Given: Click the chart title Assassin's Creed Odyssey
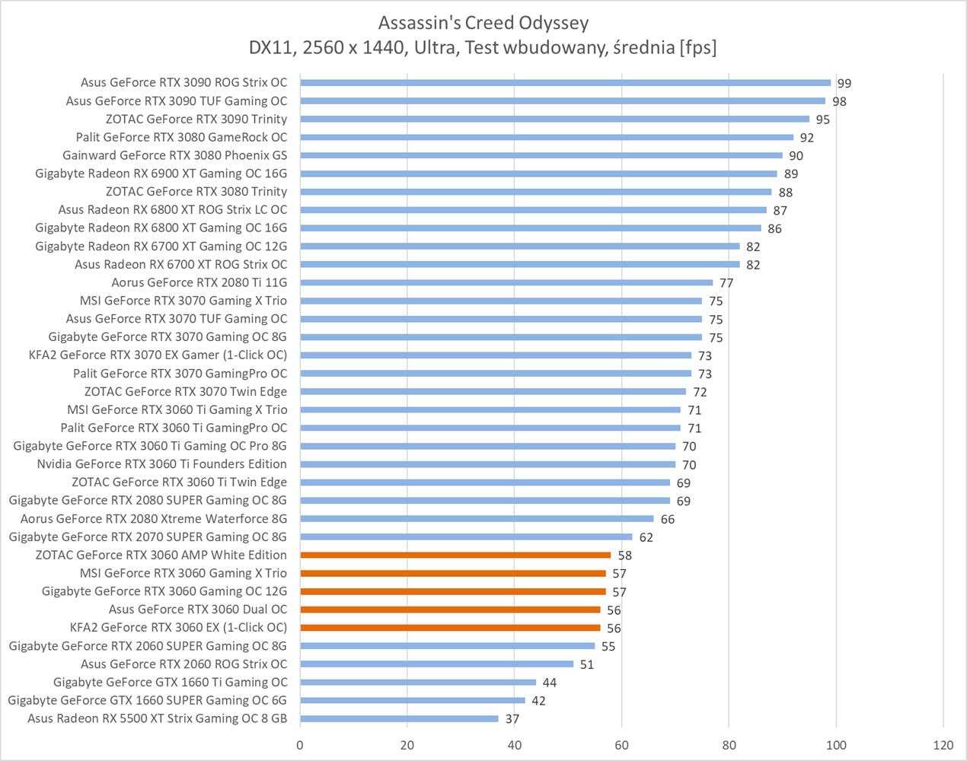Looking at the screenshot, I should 483,23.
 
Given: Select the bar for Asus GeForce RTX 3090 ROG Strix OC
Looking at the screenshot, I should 565,83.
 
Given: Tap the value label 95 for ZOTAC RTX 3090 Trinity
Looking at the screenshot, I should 822,119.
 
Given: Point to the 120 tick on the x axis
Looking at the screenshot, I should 943,745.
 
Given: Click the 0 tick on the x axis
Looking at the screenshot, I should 300,745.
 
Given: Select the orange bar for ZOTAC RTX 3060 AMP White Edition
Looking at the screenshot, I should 455,556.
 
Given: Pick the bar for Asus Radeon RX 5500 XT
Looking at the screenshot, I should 399,718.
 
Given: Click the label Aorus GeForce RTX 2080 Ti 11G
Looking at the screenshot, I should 199,283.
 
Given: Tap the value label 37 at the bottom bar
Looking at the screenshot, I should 512,719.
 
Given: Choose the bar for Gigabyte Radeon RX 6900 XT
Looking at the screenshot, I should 538,174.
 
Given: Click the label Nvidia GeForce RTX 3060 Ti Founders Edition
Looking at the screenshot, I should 162,464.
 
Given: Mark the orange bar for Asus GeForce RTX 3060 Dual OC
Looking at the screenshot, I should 450,610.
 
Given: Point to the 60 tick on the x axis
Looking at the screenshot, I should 621,745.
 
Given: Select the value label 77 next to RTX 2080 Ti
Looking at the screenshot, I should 726,283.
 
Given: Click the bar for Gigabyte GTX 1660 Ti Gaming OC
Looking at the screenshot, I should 418,683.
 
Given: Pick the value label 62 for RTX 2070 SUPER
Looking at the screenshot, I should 646,537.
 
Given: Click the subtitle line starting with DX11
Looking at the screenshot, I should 483,48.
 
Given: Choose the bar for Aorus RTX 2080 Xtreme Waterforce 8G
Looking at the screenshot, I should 477,519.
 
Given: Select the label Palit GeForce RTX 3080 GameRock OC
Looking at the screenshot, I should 182,138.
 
